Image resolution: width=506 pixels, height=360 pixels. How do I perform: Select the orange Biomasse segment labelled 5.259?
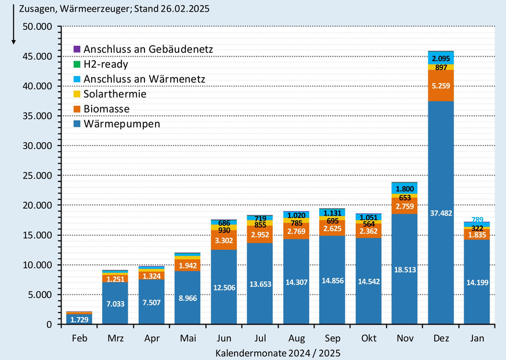click(x=440, y=86)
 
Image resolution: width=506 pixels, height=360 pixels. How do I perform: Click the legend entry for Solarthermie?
click(x=115, y=94)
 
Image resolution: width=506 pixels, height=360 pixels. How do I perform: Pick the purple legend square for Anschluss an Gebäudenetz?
click(x=77, y=49)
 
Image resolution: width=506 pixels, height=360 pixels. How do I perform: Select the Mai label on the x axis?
click(x=187, y=338)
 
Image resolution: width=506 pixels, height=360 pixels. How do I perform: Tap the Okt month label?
click(x=368, y=338)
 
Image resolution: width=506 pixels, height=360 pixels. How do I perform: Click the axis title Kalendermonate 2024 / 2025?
click(x=277, y=352)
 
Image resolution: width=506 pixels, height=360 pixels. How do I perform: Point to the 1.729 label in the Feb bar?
click(x=78, y=319)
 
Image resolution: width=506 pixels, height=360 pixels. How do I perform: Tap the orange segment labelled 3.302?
click(x=223, y=241)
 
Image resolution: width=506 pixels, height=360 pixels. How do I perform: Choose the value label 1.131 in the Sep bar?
click(x=332, y=212)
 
